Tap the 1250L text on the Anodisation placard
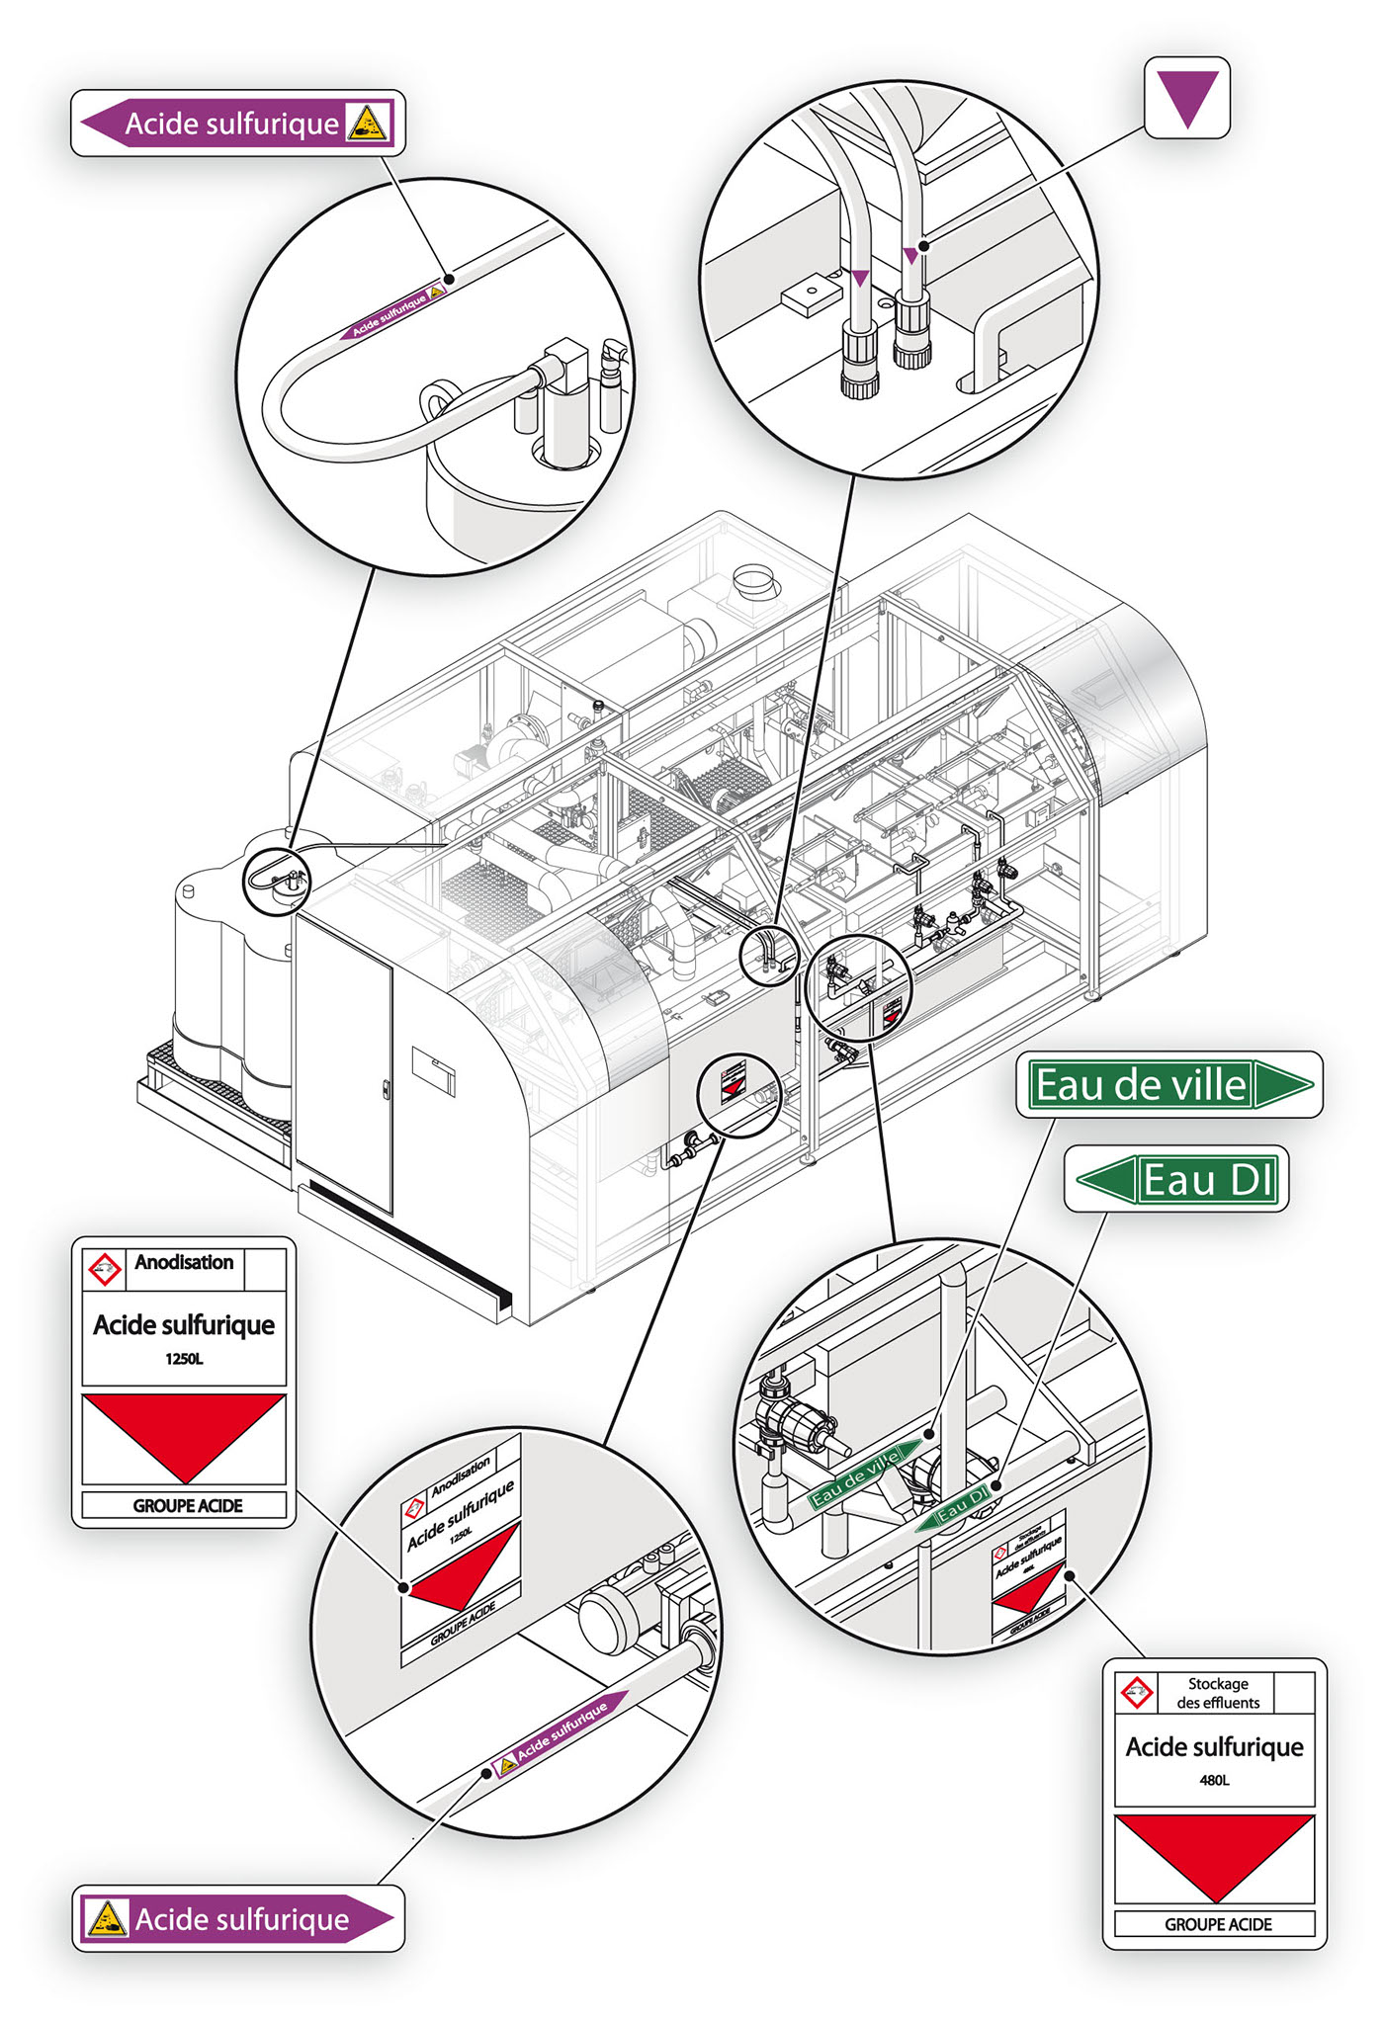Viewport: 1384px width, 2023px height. (x=184, y=1359)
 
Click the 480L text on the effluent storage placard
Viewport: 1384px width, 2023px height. (x=1214, y=1780)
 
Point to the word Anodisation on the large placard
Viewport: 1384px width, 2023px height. (x=184, y=1262)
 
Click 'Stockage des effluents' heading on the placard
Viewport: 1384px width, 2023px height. (x=1218, y=1693)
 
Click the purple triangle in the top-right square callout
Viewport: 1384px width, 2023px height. (x=1187, y=96)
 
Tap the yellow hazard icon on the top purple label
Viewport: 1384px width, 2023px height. (x=368, y=124)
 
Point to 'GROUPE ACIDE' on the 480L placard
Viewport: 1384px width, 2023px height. (x=1218, y=1924)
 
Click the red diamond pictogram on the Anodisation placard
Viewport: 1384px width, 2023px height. (x=104, y=1268)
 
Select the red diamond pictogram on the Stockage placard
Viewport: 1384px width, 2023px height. (x=1136, y=1692)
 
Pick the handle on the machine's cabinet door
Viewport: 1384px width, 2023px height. (x=386, y=1090)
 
